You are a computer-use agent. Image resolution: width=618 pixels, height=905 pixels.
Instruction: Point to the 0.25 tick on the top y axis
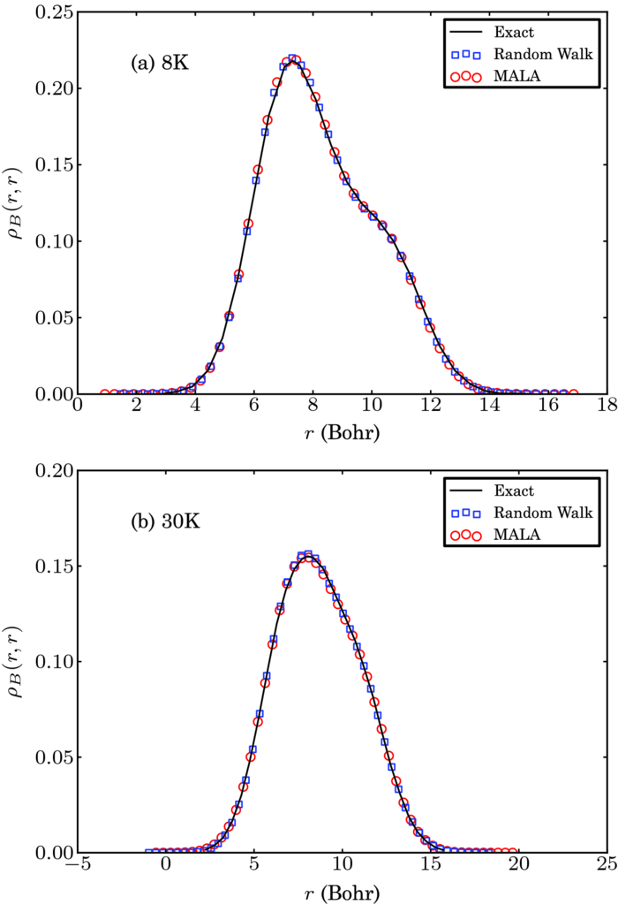55,11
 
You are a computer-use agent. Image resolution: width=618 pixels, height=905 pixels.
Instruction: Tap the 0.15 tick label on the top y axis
55,164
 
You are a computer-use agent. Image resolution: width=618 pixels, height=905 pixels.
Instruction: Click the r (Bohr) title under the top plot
343,431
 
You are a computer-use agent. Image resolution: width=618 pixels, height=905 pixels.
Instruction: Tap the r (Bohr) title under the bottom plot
343,890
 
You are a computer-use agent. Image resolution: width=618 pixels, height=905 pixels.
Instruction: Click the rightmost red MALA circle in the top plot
573,393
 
